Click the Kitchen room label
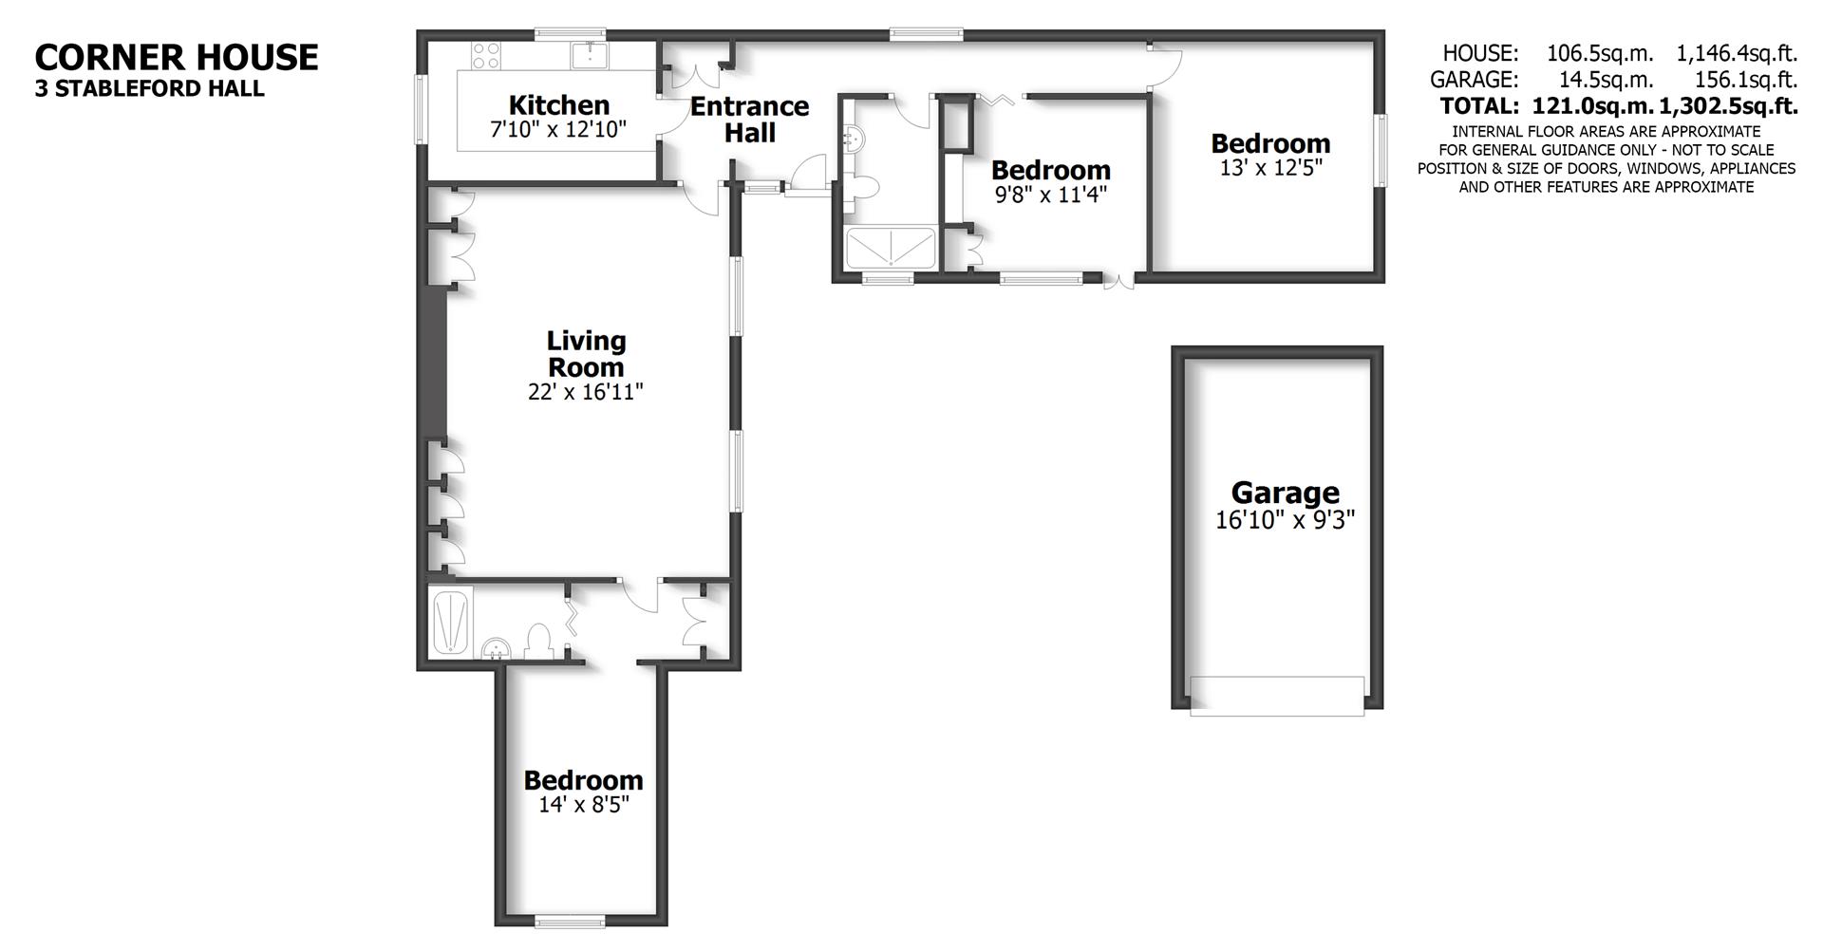click(x=558, y=104)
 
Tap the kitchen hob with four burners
click(x=487, y=56)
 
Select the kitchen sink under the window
click(x=592, y=55)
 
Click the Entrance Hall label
click(x=749, y=120)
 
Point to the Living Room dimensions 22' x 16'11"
click(x=585, y=392)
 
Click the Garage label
click(x=1285, y=493)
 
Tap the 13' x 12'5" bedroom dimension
click(x=1270, y=168)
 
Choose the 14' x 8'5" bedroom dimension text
click(x=583, y=805)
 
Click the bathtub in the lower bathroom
click(x=451, y=622)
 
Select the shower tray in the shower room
click(x=891, y=249)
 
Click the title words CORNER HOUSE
click(x=177, y=57)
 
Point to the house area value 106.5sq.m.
click(x=1600, y=54)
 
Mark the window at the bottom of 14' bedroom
click(x=570, y=919)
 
